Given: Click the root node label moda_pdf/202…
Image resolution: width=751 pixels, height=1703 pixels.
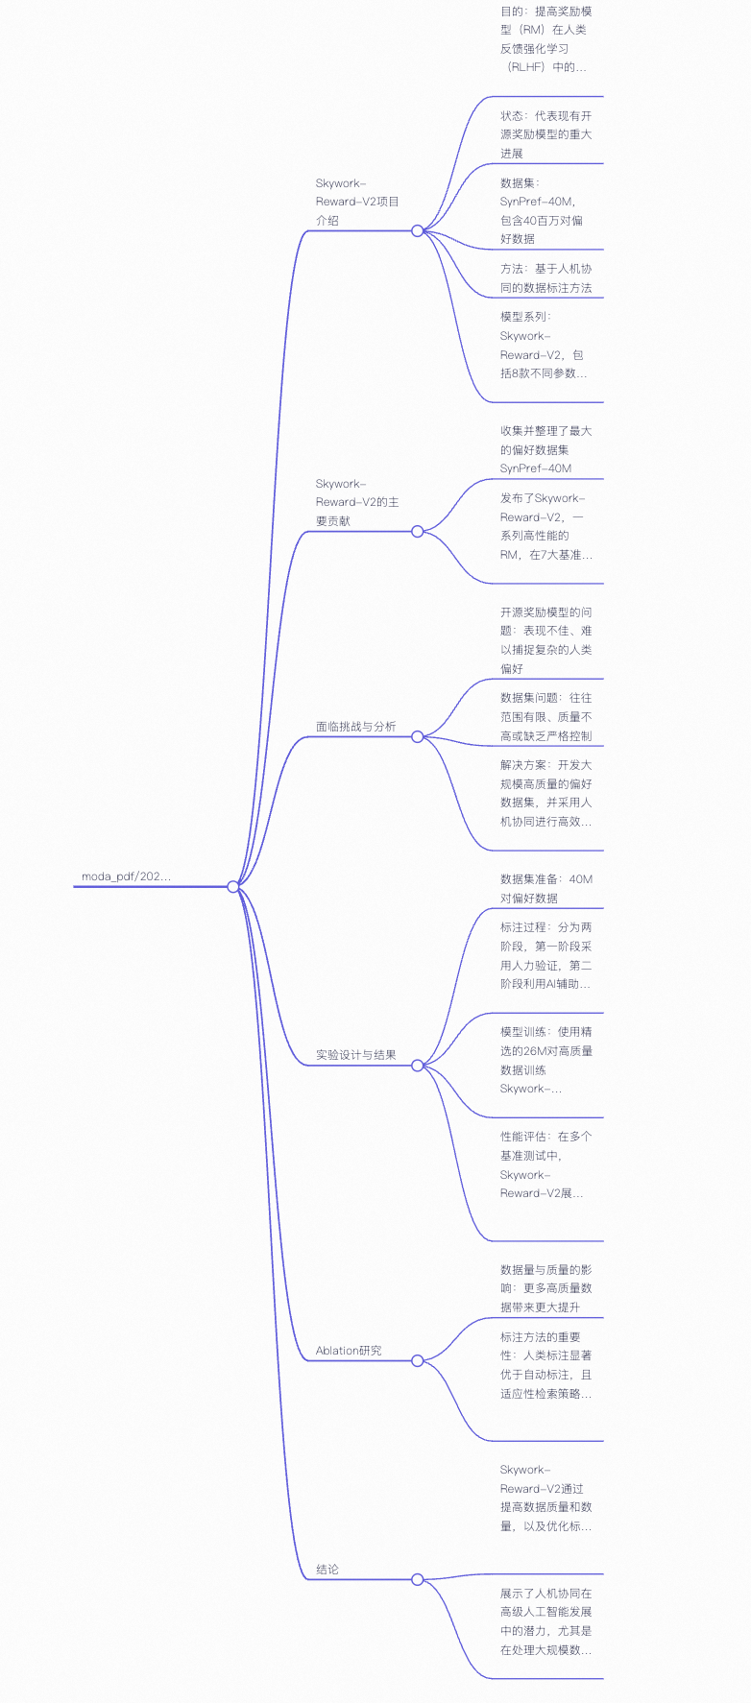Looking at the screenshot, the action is click(126, 876).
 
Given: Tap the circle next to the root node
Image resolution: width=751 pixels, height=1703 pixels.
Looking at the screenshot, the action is click(233, 886).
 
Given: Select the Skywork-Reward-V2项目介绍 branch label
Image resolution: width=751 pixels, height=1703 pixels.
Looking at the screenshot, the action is click(356, 202).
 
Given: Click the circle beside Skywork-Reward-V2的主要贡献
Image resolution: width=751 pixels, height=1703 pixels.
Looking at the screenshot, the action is click(417, 531).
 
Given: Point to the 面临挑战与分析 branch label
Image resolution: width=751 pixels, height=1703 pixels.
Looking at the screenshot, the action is click(355, 727).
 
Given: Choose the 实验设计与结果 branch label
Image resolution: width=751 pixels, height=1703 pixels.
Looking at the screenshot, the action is click(355, 1055).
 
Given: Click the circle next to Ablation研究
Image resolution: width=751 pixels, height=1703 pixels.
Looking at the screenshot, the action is click(417, 1360).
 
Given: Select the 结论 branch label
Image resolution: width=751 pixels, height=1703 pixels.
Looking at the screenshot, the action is click(327, 1570).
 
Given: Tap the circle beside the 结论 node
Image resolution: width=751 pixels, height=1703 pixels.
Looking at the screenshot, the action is click(417, 1579).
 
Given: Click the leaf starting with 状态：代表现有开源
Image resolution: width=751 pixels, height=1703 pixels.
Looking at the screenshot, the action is click(545, 134).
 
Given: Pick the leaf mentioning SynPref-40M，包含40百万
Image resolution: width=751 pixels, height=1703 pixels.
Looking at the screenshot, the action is click(542, 210).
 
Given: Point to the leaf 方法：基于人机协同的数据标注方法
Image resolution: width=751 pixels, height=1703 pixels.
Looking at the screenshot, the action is click(545, 278).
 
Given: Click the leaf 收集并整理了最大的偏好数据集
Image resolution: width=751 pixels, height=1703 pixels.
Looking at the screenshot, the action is click(545, 449).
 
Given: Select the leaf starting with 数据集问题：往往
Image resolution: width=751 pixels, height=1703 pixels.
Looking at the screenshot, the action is click(545, 717).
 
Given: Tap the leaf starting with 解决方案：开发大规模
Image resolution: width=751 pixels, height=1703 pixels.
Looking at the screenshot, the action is click(545, 793).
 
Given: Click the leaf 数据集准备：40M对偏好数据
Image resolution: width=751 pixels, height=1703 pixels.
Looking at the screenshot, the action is click(545, 888).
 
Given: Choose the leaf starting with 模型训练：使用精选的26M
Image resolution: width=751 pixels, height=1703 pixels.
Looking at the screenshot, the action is click(545, 1060).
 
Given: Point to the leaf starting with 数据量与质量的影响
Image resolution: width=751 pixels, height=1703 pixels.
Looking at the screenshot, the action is click(545, 1288).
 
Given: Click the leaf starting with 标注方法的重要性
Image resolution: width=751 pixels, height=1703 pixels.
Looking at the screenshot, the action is click(545, 1365).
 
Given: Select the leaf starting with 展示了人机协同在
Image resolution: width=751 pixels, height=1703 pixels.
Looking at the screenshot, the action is click(545, 1621).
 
